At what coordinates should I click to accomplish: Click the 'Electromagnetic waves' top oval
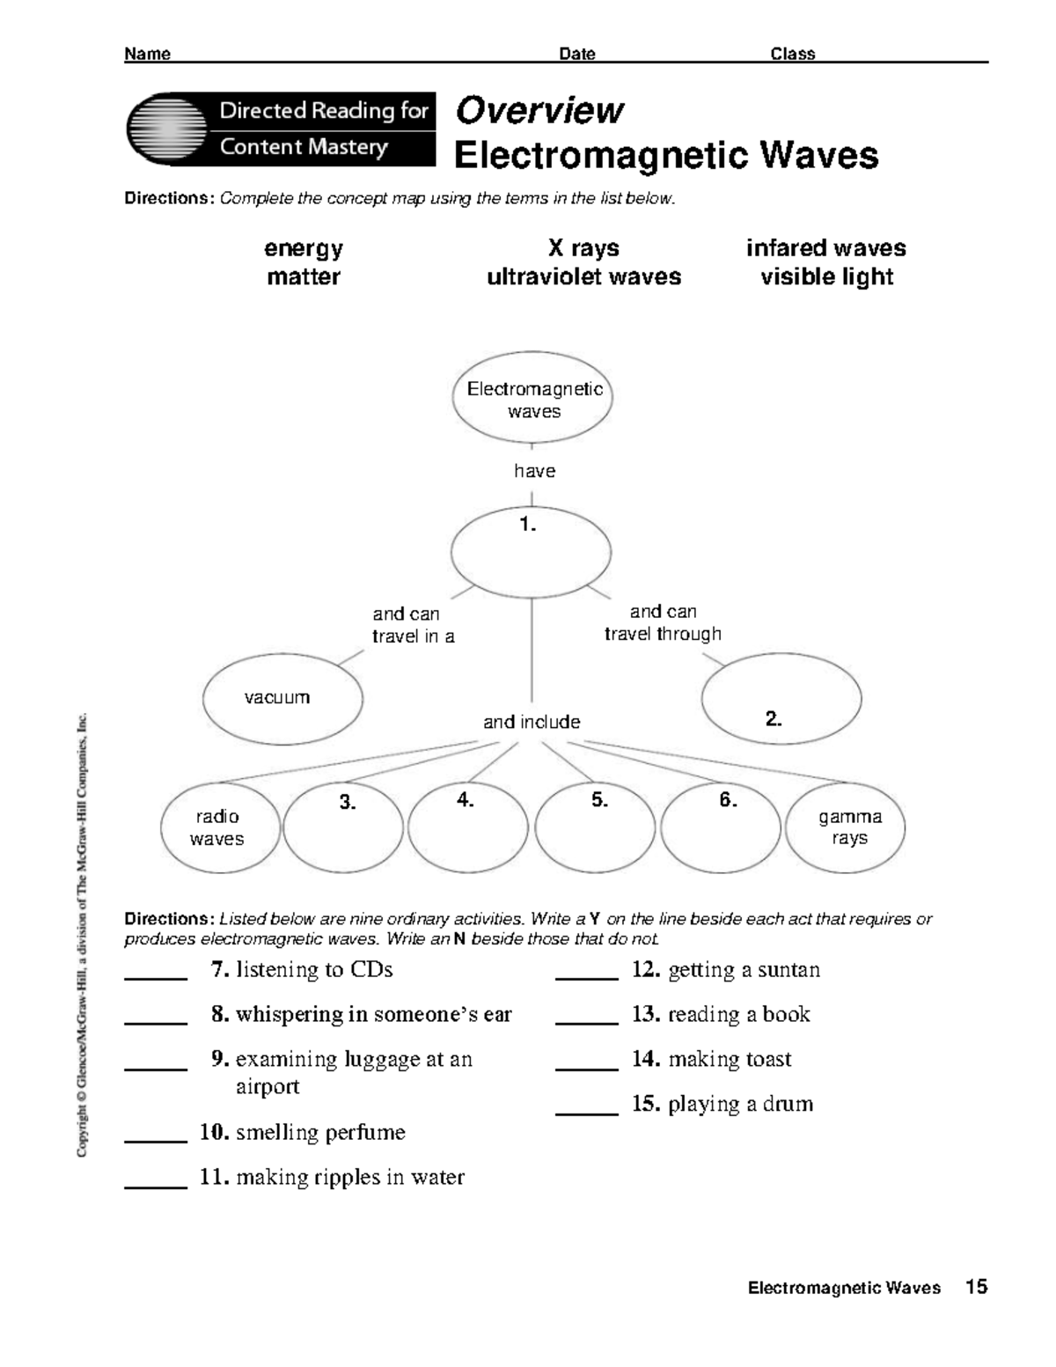click(532, 401)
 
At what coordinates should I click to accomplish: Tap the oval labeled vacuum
click(282, 698)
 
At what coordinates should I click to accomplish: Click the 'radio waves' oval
click(220, 827)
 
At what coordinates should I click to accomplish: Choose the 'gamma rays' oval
click(846, 827)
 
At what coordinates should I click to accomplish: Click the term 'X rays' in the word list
click(583, 248)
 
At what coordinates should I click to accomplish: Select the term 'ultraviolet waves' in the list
click(583, 277)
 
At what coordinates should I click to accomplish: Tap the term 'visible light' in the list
click(826, 277)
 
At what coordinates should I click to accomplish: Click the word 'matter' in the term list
click(304, 277)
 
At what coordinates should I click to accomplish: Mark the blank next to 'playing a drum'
click(587, 1109)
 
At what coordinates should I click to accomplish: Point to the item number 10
click(214, 1132)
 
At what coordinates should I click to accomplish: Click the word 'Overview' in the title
click(539, 111)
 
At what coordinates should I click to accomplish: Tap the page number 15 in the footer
click(976, 1288)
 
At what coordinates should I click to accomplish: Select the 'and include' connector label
click(532, 723)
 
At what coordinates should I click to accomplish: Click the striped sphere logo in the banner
click(167, 129)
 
